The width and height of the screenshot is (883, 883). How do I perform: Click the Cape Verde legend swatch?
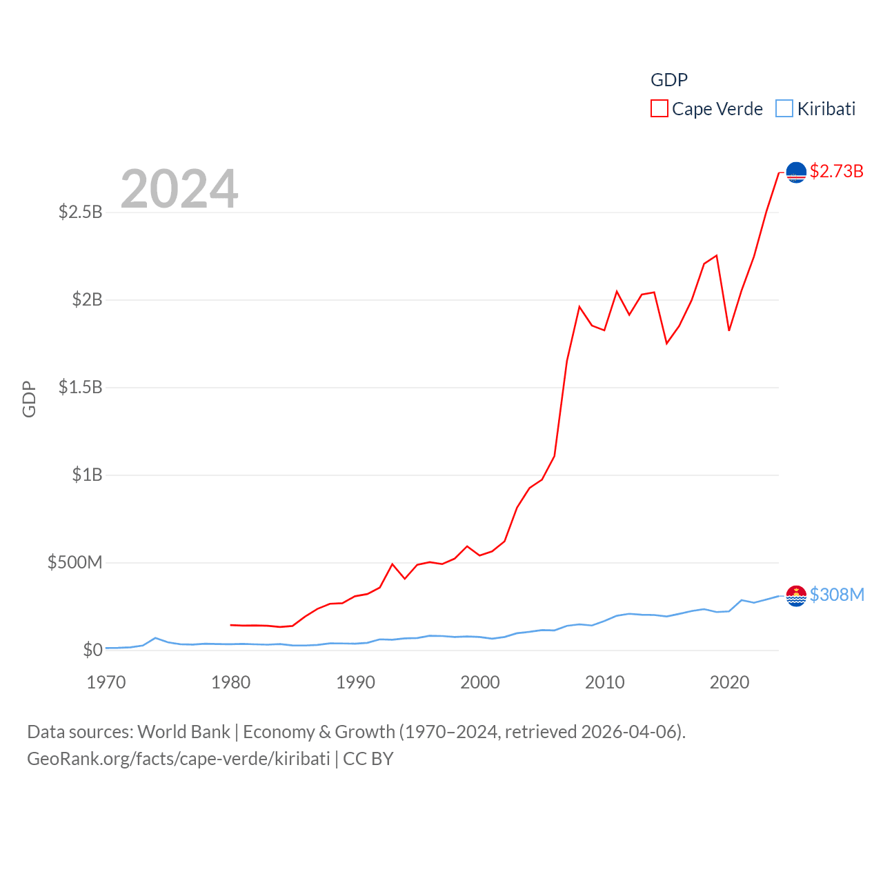[659, 109]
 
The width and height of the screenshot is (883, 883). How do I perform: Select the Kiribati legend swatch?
[784, 109]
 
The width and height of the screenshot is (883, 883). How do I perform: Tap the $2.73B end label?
[836, 171]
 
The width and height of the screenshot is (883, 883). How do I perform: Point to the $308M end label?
[837, 595]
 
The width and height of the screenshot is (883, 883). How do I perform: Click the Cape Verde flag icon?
[796, 172]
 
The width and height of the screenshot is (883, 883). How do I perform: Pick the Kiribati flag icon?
[796, 595]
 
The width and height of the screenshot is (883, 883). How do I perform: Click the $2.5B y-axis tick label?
[80, 212]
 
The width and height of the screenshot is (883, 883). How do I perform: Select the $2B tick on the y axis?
[87, 299]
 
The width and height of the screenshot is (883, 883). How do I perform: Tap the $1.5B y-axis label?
[80, 387]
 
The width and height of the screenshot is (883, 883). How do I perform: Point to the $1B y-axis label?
[87, 475]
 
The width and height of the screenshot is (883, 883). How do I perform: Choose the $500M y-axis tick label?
[75, 562]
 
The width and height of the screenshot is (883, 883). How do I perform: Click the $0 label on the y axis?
[92, 650]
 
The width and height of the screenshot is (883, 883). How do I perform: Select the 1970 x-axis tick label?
[106, 682]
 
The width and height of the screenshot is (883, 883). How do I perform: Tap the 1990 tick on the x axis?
[355, 682]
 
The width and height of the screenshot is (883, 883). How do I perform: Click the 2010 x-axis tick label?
[605, 682]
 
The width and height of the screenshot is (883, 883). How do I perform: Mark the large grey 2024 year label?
[179, 189]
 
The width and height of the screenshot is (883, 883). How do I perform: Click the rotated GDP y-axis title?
[29, 399]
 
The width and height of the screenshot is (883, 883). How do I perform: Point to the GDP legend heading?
[669, 80]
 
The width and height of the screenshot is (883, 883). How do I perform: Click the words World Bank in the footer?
[183, 732]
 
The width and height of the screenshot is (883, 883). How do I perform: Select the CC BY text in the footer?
[368, 759]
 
